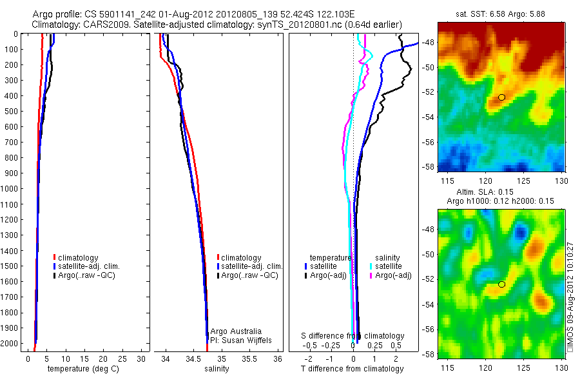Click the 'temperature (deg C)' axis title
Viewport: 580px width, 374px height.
tap(81, 369)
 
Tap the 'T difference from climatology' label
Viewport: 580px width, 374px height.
tap(352, 369)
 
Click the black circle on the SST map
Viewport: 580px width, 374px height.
tap(502, 97)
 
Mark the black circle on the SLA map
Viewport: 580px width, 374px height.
tap(502, 284)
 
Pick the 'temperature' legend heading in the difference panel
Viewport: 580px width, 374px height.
tap(330, 257)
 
